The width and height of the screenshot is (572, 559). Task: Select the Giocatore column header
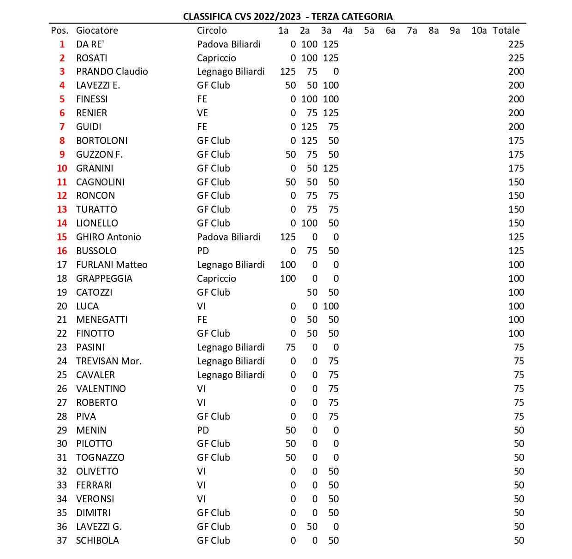(97, 30)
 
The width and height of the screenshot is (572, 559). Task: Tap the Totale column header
(506, 30)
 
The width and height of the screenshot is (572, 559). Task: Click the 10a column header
(479, 30)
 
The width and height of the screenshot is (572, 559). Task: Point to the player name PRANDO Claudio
(112, 71)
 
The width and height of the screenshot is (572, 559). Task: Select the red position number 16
(62, 251)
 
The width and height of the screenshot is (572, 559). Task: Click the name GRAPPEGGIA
(104, 279)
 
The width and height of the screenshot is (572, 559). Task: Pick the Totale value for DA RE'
(516, 44)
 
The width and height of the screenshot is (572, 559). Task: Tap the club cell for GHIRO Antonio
(229, 237)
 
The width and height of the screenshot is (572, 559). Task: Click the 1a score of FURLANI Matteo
(288, 265)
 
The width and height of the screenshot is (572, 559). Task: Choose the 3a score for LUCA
(331, 306)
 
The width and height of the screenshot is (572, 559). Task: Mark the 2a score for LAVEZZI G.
(312, 527)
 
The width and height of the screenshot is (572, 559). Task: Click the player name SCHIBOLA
(97, 541)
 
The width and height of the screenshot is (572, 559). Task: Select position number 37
(62, 541)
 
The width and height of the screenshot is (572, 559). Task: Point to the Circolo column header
(212, 30)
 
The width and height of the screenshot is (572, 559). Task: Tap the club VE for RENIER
(203, 113)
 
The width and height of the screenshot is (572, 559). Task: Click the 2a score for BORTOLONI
(309, 141)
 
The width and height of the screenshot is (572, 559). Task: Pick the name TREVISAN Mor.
(109, 361)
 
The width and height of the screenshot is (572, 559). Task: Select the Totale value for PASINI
(518, 347)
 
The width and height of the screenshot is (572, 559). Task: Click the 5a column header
(369, 30)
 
